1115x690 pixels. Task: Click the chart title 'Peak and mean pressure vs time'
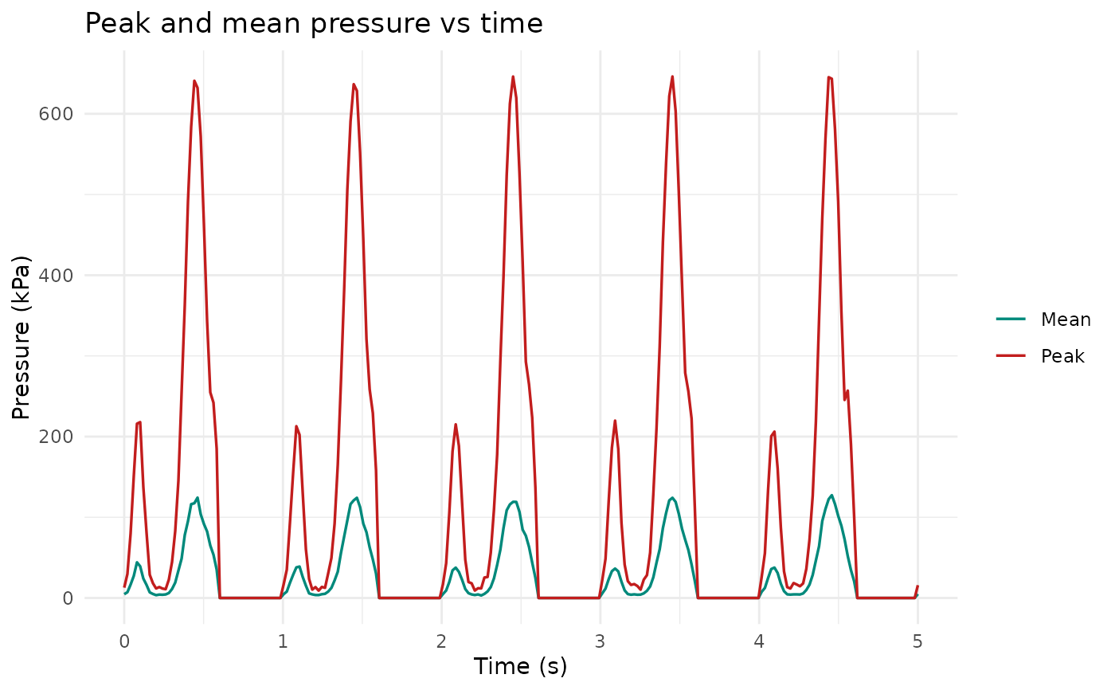(314, 23)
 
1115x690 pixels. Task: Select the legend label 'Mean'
(1066, 320)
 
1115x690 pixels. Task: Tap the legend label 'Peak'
(1062, 356)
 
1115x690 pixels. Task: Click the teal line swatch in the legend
(1011, 319)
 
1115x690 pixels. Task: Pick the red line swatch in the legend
(1011, 355)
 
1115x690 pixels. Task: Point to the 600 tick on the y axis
(56, 114)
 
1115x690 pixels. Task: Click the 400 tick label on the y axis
(56, 276)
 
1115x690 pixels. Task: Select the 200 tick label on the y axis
(56, 437)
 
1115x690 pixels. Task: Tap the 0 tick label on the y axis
(68, 598)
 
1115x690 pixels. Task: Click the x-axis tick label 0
(124, 641)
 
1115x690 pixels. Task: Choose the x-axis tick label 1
(283, 641)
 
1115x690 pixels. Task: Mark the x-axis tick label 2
(441, 641)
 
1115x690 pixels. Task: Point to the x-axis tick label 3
(600, 641)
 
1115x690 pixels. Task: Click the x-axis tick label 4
(758, 641)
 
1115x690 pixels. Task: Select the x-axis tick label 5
(917, 641)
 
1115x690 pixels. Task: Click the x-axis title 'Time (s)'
(520, 667)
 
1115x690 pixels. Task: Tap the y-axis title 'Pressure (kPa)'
(21, 338)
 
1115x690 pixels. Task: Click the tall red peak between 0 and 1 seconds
(194, 81)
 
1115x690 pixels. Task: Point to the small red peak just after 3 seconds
(615, 421)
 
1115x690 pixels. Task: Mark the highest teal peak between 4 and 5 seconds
(831, 496)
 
